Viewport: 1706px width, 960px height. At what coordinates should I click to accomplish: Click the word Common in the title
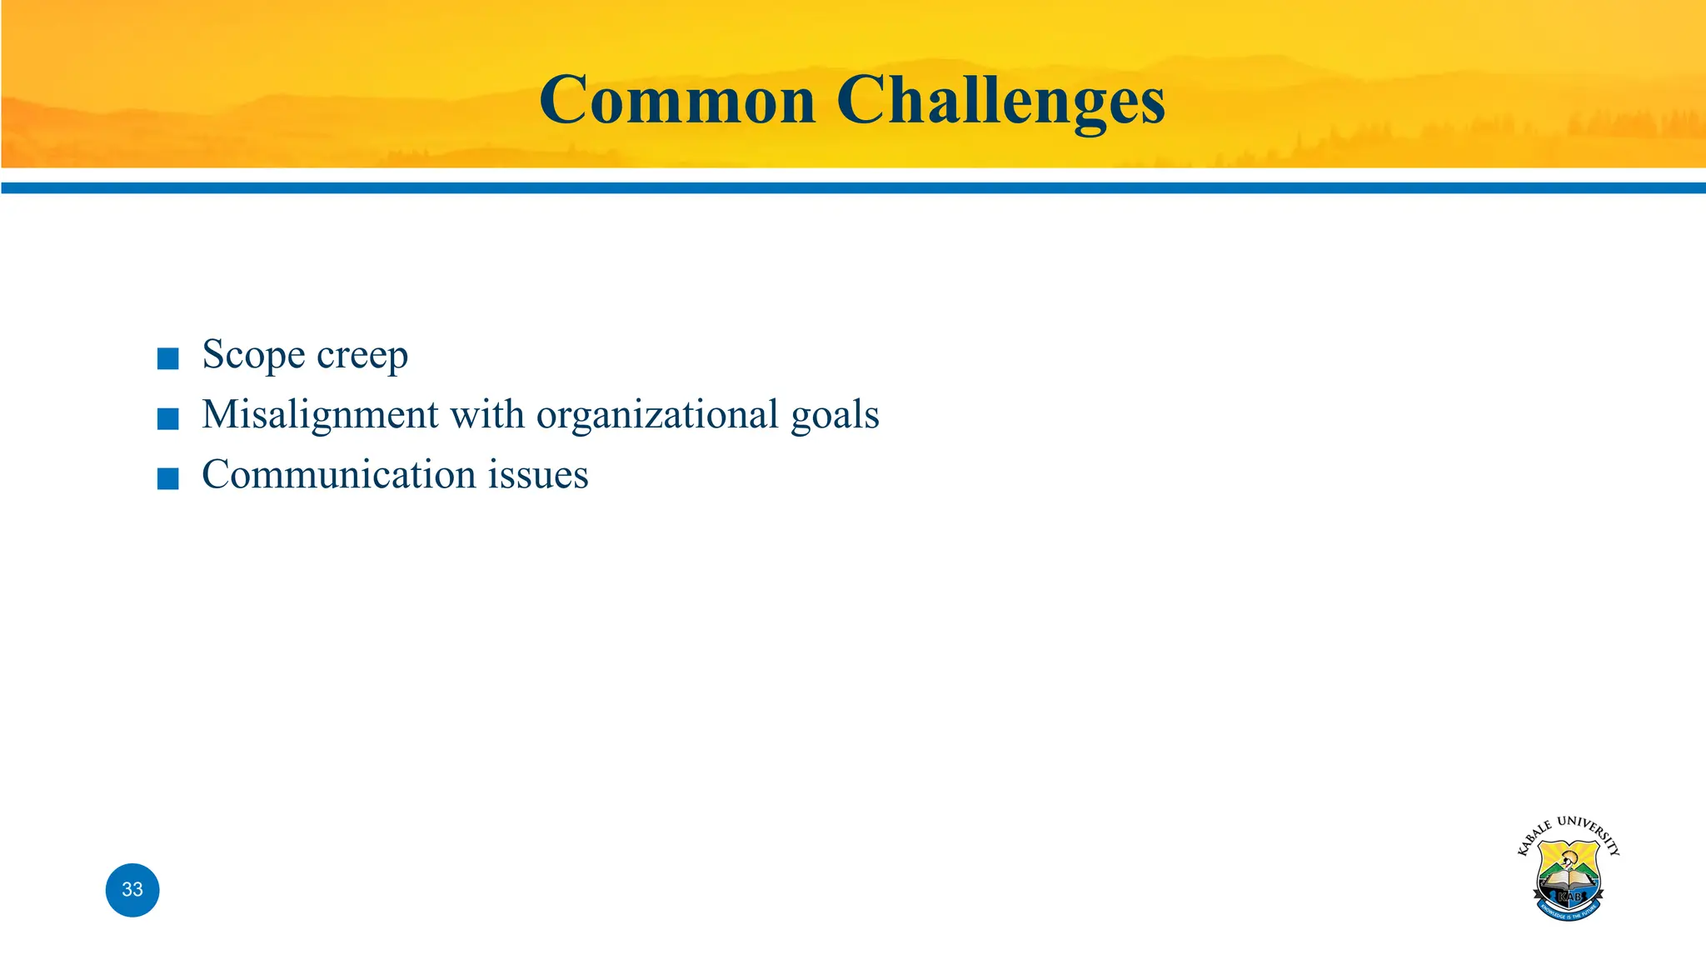[x=677, y=101]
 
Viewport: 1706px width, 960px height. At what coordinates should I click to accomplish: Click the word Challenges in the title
[x=1000, y=101]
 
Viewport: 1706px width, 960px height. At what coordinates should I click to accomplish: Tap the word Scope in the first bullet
[x=253, y=355]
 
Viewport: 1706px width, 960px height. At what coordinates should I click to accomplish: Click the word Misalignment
[x=320, y=415]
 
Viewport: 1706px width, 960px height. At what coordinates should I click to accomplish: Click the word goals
[x=835, y=415]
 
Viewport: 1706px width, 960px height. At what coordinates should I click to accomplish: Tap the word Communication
[x=338, y=474]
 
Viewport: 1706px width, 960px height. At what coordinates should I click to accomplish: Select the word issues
[x=538, y=474]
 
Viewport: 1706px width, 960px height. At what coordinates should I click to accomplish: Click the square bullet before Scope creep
[x=168, y=359]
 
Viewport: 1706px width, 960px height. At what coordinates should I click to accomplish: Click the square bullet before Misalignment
[x=168, y=418]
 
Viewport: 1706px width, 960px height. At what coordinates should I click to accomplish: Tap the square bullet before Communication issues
[x=168, y=478]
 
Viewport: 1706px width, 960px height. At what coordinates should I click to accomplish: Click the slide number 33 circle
[x=132, y=890]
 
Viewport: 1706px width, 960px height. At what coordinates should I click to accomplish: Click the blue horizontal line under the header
[x=853, y=188]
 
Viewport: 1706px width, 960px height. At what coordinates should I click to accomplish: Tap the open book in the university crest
[x=1569, y=882]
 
